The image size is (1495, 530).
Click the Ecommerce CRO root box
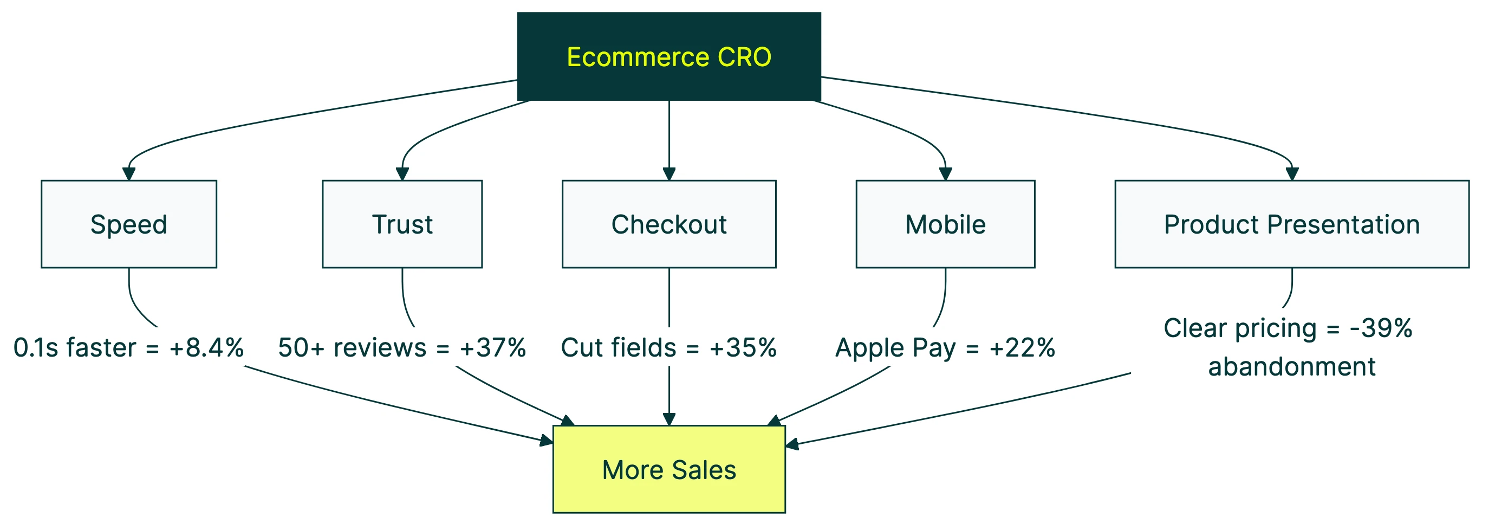point(668,56)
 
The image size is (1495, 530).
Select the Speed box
point(129,224)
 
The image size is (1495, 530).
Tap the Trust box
point(402,224)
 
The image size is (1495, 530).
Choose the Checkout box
point(668,224)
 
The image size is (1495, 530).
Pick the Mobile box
point(945,224)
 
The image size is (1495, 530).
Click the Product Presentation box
point(1291,224)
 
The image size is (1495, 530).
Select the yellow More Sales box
point(668,469)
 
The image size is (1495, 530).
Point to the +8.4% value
point(206,348)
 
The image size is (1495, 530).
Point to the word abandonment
point(1291,367)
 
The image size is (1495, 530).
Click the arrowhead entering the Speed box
point(129,174)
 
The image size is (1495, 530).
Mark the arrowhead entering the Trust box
point(402,174)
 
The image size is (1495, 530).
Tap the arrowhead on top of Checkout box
point(669,174)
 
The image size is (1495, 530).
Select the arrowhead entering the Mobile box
point(945,174)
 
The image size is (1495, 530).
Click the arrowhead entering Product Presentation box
point(1292,174)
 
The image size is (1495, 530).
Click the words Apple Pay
point(895,348)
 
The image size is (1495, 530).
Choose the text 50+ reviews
point(352,348)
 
